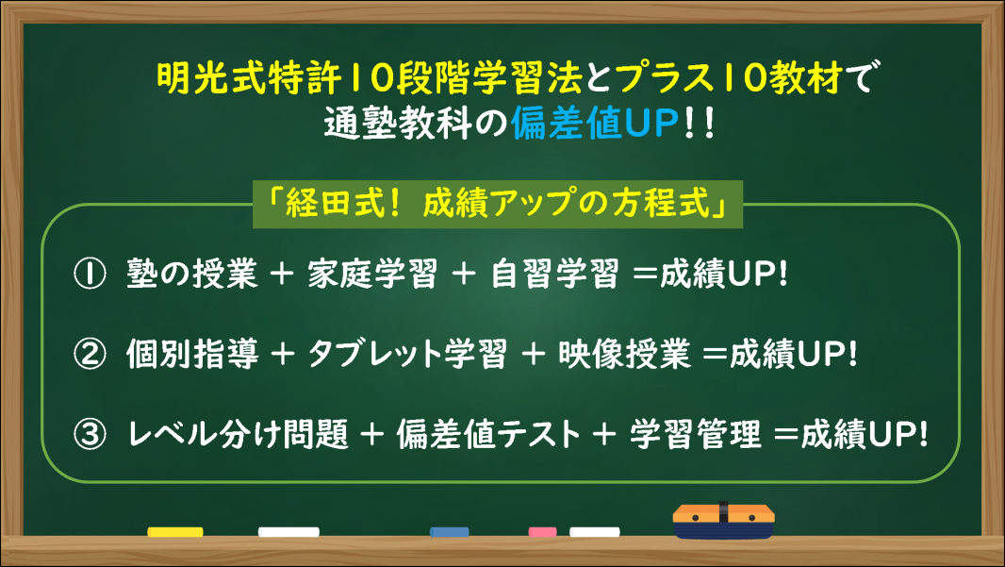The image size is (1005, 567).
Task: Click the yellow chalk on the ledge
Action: point(175,532)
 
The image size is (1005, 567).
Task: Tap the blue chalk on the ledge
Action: point(450,532)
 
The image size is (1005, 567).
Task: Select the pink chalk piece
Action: point(542,532)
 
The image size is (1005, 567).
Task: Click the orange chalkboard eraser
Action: point(724,521)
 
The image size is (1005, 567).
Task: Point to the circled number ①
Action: point(90,275)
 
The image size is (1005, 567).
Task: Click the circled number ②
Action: point(90,355)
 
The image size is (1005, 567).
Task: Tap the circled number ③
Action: point(90,435)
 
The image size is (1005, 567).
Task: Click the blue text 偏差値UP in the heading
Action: point(595,124)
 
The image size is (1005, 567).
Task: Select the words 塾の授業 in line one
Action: point(192,274)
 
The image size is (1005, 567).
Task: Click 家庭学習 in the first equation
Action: point(371,274)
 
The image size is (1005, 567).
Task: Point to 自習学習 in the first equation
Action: point(555,274)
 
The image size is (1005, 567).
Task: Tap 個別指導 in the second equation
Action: point(192,354)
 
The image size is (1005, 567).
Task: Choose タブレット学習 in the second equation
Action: point(407,354)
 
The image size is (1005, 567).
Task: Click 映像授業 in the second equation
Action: point(624,354)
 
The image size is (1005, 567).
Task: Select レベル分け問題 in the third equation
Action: point(238,434)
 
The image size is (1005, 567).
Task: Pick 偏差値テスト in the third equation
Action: point(489,434)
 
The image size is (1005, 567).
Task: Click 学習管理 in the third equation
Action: point(696,434)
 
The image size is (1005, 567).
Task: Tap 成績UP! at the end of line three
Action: point(864,434)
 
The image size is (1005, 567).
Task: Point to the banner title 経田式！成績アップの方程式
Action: point(498,204)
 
